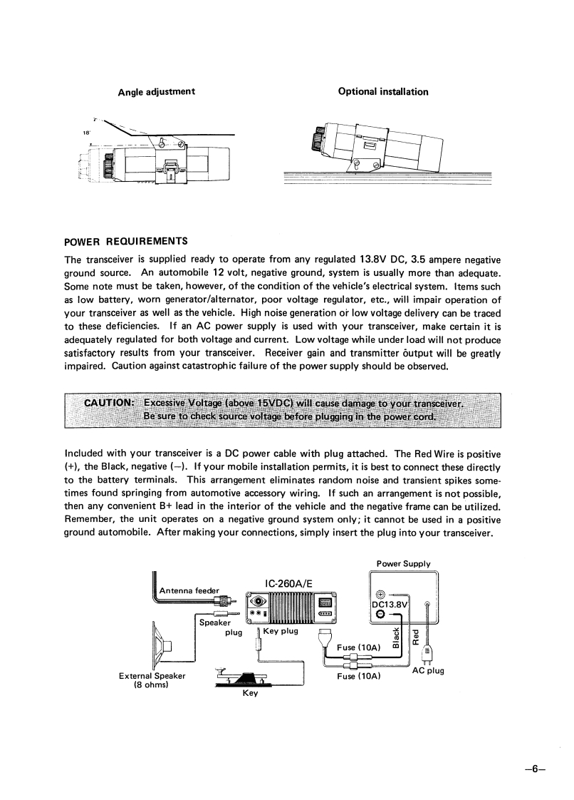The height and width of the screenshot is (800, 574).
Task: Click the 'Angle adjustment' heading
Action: tap(157, 91)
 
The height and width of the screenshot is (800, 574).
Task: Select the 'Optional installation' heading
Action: tap(383, 91)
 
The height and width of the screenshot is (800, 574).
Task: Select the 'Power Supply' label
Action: tap(403, 563)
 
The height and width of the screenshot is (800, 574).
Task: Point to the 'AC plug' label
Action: tap(428, 671)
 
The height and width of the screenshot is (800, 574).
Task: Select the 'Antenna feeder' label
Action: tap(189, 590)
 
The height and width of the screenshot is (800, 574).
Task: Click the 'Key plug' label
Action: tap(280, 631)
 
